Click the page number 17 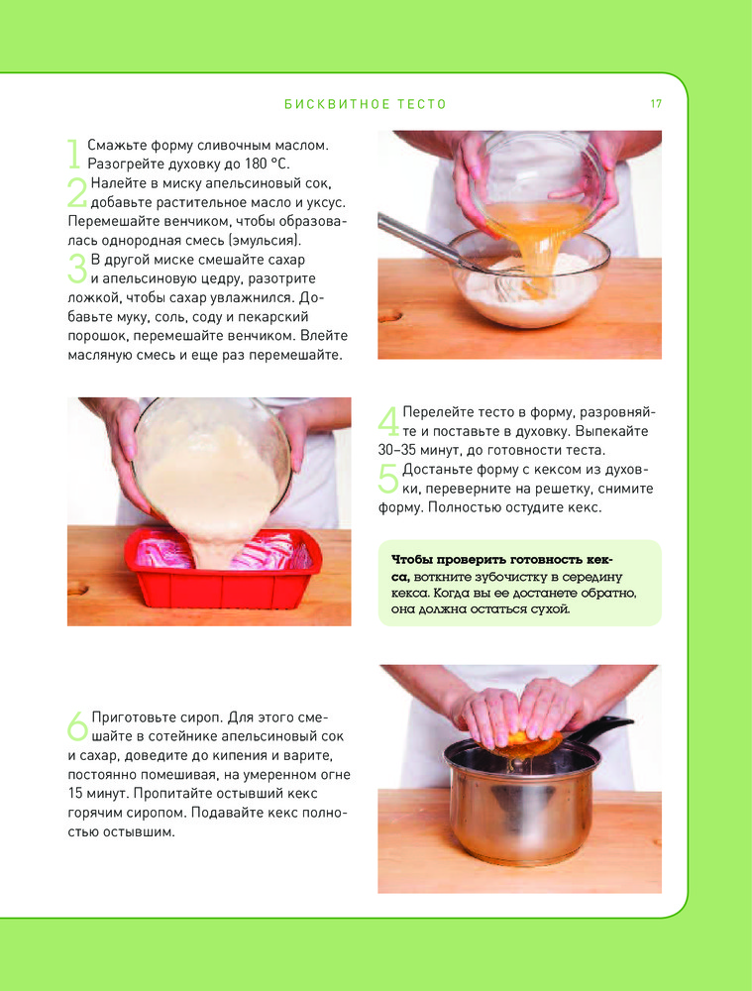click(656, 104)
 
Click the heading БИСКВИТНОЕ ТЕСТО click(366, 104)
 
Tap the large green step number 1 click(74, 155)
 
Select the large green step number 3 click(76, 269)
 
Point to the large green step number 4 click(388, 421)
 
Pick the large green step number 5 click(388, 479)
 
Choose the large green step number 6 click(77, 726)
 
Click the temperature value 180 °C click(267, 164)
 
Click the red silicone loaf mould click(223, 569)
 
